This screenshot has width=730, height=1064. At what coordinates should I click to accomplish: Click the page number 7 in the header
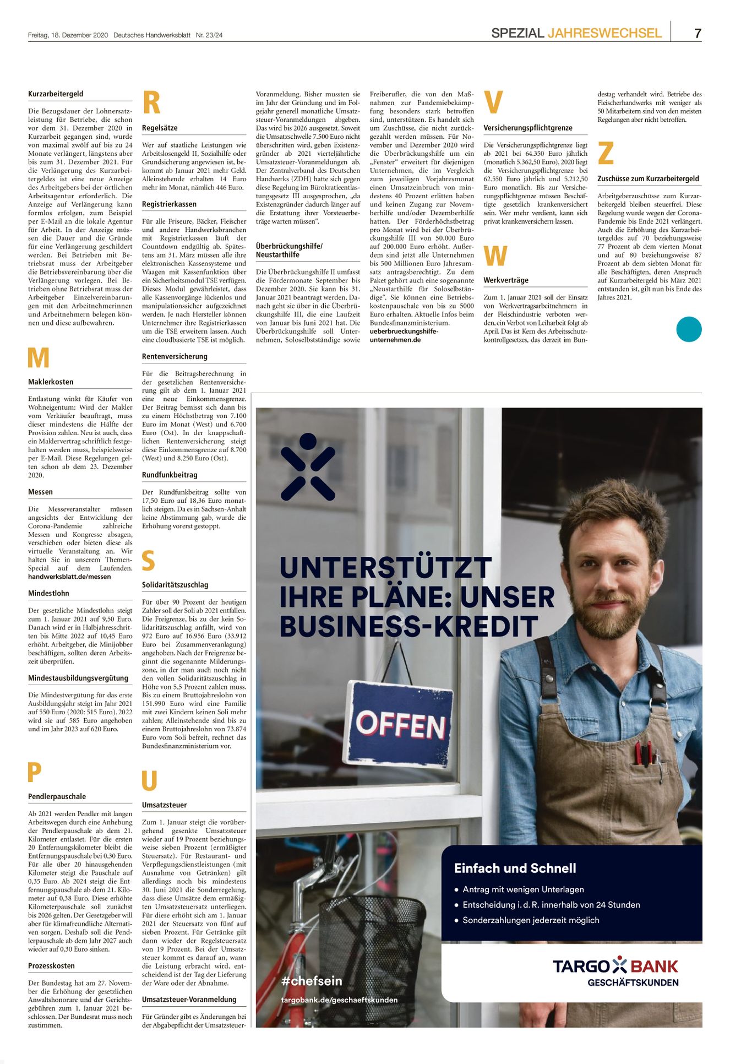(x=698, y=33)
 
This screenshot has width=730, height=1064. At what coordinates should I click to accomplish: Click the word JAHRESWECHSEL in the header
(x=604, y=33)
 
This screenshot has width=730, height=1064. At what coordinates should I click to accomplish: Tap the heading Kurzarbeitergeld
(x=56, y=94)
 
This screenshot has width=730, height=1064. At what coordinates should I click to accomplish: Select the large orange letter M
(x=39, y=358)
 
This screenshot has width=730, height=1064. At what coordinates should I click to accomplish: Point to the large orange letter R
(x=151, y=103)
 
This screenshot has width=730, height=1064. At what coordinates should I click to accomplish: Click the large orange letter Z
(x=606, y=153)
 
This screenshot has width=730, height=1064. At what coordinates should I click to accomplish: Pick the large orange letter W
(x=495, y=256)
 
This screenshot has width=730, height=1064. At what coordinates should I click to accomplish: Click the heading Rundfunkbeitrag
(x=170, y=475)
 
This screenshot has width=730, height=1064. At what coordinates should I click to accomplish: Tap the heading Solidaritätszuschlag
(x=175, y=585)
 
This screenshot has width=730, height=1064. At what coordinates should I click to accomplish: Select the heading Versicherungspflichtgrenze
(x=528, y=128)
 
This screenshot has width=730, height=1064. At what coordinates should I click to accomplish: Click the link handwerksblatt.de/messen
(x=69, y=577)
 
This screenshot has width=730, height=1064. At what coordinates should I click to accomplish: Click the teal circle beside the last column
(x=689, y=330)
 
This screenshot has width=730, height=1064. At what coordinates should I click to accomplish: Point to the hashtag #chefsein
(x=312, y=981)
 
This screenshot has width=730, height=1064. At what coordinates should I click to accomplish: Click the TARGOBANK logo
(x=615, y=966)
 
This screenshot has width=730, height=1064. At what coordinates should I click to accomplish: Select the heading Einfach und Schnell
(x=515, y=868)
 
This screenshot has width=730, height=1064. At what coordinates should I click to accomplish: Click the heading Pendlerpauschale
(x=57, y=796)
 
